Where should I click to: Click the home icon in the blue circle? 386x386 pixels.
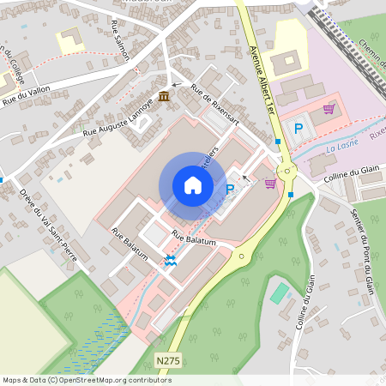pyautogui.click(x=193, y=185)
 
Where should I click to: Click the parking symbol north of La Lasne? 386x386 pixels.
pyautogui.click(x=299, y=129)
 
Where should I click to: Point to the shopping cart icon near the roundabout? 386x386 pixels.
pyautogui.click(x=270, y=183)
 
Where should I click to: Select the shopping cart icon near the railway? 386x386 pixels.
pyautogui.click(x=329, y=109)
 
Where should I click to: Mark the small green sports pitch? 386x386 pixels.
pyautogui.click(x=280, y=293)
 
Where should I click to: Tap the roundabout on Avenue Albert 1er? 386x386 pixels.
pyautogui.click(x=286, y=172)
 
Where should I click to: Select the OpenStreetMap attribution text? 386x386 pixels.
pyautogui.click(x=87, y=380)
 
